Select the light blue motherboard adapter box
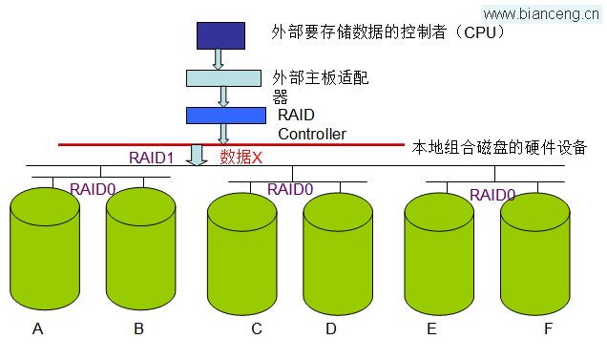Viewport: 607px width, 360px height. point(223,77)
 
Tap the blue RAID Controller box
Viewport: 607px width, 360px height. point(225,115)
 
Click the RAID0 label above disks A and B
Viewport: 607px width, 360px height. point(93,189)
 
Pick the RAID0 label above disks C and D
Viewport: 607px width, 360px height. point(290,189)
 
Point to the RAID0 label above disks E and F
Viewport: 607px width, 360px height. point(492,195)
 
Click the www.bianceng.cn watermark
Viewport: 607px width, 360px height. point(542,12)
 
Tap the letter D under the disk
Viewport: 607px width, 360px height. point(331,329)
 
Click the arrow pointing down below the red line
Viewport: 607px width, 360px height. point(198,155)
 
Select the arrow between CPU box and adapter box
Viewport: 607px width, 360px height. point(219,58)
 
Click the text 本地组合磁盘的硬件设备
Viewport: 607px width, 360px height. point(498,148)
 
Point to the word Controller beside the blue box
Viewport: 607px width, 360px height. point(312,135)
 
